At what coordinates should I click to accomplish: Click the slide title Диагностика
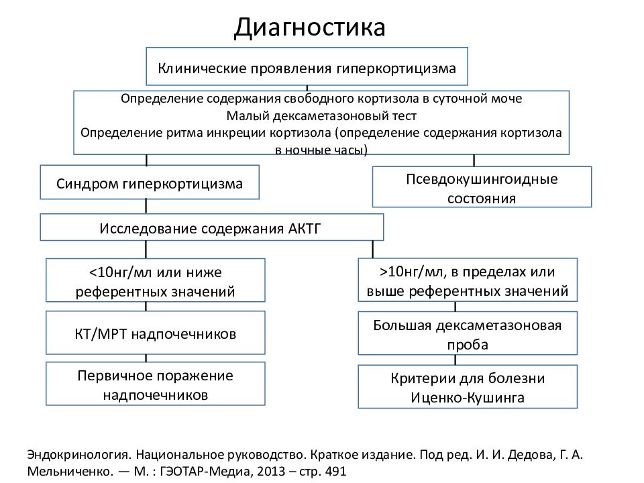tap(310, 28)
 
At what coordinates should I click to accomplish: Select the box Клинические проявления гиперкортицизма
tap(307, 66)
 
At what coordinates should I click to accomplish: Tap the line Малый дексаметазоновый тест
tap(321, 116)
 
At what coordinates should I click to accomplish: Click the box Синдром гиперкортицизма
tap(150, 182)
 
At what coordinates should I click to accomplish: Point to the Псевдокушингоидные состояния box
tap(482, 187)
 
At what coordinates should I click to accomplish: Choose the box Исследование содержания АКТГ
tap(211, 227)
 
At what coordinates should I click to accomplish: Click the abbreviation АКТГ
tap(304, 228)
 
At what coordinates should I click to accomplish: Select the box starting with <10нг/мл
tap(155, 280)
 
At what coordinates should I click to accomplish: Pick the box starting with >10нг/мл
tap(468, 280)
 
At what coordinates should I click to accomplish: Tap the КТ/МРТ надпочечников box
tap(155, 333)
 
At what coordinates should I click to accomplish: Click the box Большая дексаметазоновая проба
tap(468, 333)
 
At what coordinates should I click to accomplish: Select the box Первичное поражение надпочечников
tap(155, 384)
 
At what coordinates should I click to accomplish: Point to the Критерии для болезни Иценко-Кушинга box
tap(468, 386)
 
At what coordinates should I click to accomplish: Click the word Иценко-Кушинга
tap(468, 398)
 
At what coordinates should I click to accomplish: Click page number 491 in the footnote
tap(335, 471)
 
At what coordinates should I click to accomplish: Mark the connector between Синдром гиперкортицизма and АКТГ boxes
tap(146, 206)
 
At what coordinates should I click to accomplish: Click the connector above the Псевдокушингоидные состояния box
tap(474, 160)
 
